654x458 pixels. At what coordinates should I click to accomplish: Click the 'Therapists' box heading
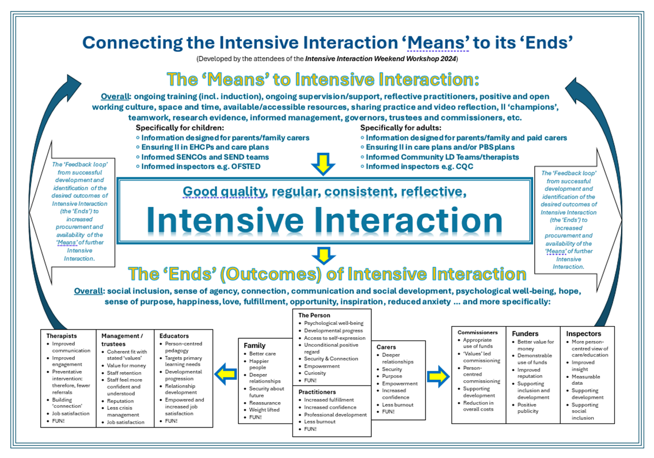[x=62, y=335]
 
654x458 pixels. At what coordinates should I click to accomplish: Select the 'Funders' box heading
[x=524, y=333]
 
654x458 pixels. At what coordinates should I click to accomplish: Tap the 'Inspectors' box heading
[x=583, y=333]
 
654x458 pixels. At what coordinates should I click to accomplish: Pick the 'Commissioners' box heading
[x=477, y=332]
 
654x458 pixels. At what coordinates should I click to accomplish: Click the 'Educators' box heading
[x=173, y=335]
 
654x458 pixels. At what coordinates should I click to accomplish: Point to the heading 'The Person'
[x=315, y=315]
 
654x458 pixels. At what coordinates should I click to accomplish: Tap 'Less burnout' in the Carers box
[x=397, y=404]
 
